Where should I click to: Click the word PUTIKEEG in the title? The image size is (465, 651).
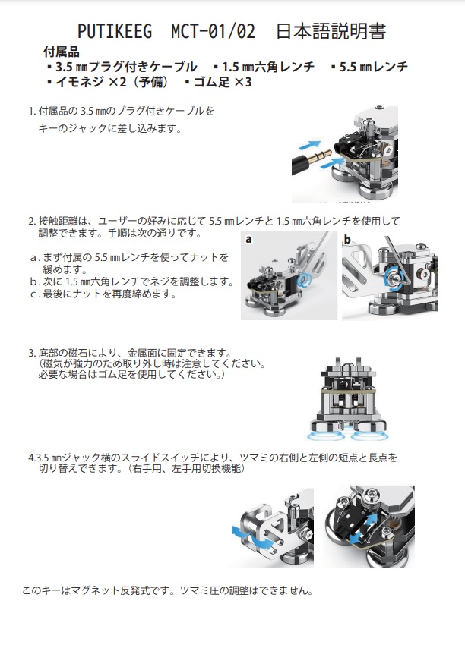click(x=115, y=32)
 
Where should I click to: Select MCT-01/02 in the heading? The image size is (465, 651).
click(x=213, y=32)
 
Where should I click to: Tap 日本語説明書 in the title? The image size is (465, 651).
click(x=331, y=32)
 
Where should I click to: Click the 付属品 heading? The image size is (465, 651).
click(x=61, y=52)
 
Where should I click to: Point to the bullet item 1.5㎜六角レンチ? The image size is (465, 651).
click(x=264, y=67)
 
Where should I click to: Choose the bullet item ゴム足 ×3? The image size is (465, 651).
click(x=218, y=82)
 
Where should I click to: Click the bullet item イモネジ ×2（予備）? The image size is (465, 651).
click(x=108, y=82)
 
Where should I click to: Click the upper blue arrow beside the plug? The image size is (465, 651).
click(x=310, y=145)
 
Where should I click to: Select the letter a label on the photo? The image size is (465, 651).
click(x=248, y=239)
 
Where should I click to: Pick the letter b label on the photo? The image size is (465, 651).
click(x=347, y=239)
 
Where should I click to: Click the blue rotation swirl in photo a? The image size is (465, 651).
click(x=304, y=280)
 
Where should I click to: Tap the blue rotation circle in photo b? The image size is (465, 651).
click(x=392, y=278)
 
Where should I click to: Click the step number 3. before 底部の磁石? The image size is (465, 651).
click(x=32, y=354)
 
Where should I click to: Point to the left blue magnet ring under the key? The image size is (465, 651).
click(x=325, y=435)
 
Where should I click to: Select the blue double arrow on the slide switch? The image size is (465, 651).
click(x=363, y=528)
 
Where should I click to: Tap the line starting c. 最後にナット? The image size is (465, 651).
click(x=103, y=294)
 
